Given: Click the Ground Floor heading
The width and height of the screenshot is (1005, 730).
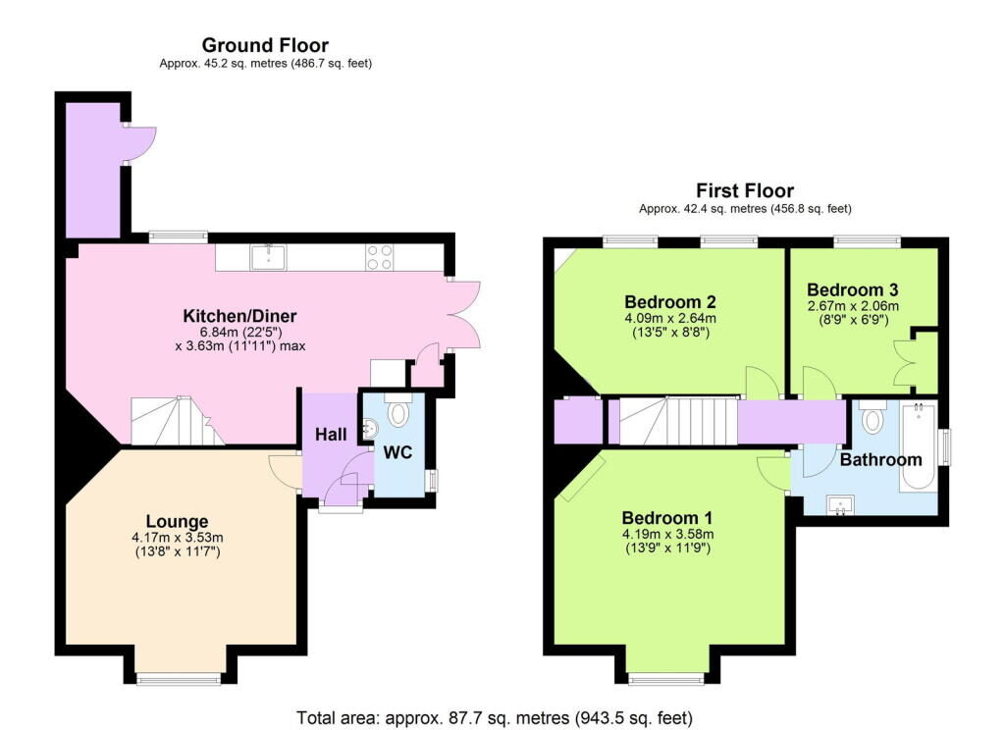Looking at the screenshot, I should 265,45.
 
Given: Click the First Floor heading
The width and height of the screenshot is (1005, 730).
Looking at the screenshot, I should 745,190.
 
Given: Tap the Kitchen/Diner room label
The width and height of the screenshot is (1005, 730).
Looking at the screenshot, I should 239,316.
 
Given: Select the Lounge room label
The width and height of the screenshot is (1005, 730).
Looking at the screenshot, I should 177,521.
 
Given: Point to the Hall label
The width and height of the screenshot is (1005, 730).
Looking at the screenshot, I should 330,434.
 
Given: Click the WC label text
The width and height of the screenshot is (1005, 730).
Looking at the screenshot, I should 397,453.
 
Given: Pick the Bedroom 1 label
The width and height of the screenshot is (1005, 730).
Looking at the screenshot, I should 668,518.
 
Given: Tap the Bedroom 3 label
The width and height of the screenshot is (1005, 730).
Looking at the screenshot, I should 852,290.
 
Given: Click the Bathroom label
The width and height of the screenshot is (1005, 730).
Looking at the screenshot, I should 880,459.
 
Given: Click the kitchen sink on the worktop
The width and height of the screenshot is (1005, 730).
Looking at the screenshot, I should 268,257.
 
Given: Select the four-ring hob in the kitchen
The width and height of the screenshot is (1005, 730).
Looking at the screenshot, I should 380,257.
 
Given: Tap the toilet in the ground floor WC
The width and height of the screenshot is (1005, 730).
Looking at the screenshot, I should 398,412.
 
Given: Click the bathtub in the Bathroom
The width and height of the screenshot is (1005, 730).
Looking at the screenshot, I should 918,445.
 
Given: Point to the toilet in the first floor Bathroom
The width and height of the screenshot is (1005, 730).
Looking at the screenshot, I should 873,420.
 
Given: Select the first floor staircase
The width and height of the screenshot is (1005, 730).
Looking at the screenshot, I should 677,421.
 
